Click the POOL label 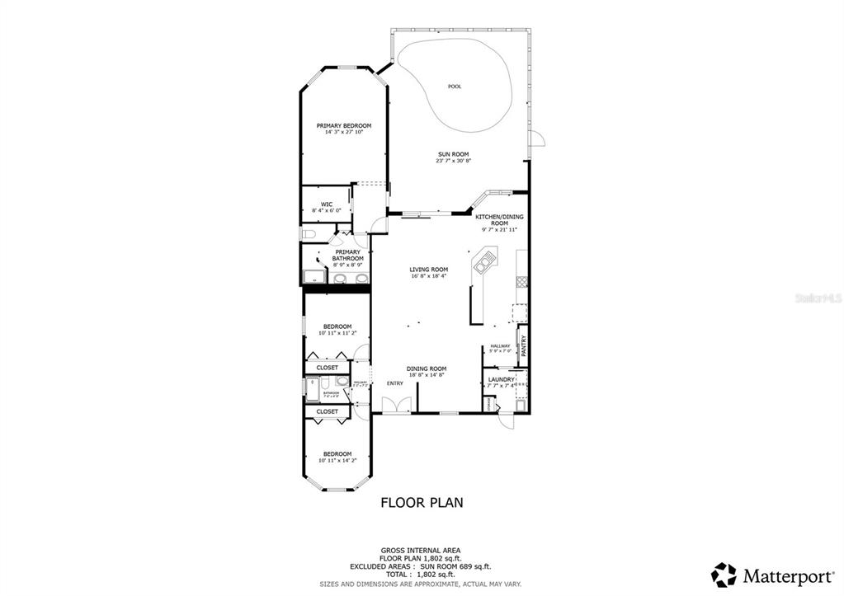click(x=454, y=87)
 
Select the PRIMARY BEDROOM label click(x=343, y=125)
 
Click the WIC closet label click(x=327, y=204)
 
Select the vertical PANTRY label click(x=523, y=345)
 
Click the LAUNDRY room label click(x=501, y=379)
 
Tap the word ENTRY click(x=395, y=382)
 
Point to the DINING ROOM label click(x=426, y=368)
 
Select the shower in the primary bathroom click(x=313, y=276)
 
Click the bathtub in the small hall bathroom click(x=312, y=389)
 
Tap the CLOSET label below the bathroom click(x=327, y=411)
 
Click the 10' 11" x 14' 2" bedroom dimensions click(x=337, y=460)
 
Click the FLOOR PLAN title click(x=421, y=501)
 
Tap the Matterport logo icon click(x=724, y=574)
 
